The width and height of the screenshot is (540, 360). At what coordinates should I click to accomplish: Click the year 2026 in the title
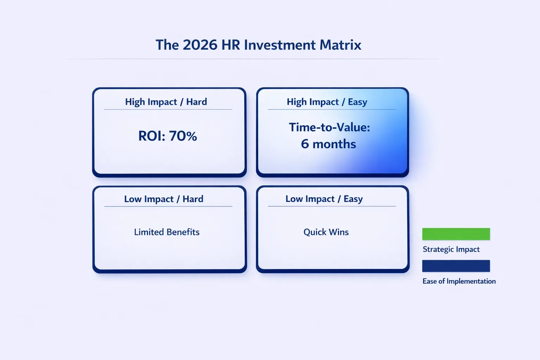coord(200,45)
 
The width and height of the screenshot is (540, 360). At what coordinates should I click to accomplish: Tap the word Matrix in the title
coord(340,45)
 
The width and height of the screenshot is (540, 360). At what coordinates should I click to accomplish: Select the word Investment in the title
coord(279,45)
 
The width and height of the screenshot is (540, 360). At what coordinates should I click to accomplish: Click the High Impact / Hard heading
coord(166,102)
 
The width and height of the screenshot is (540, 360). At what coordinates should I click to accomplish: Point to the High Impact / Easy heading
coord(327,102)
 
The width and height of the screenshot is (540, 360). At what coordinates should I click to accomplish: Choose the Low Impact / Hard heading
coord(164,199)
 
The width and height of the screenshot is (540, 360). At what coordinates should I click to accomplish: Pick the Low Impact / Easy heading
coord(324,199)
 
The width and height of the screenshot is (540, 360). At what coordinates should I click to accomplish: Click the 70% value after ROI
coord(183,136)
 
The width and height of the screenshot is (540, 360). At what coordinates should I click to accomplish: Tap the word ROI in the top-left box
coord(151,136)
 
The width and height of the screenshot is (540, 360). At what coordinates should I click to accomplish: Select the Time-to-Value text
coord(329,127)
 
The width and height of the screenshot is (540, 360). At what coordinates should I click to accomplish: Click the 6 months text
coord(328,144)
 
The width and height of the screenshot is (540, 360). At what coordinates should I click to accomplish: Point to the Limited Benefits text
coord(167,232)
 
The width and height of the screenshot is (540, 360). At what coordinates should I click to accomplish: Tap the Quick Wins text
coord(326,232)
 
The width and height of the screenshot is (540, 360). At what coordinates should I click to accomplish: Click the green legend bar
coord(456,234)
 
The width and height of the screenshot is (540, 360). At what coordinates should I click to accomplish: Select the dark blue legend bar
coord(456,266)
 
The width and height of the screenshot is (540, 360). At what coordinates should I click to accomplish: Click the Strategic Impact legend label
coord(451,249)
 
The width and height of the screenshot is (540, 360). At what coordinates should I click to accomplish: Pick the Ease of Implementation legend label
coord(459,281)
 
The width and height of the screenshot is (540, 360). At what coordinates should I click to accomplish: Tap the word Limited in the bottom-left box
coord(149,232)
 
